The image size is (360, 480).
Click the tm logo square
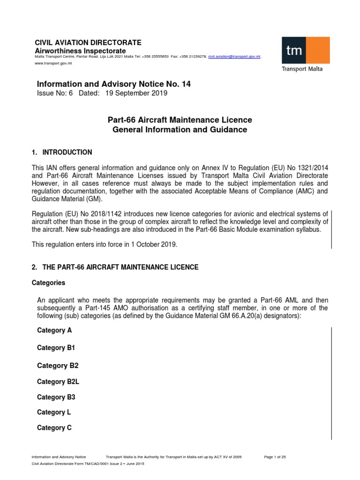click(x=295, y=51)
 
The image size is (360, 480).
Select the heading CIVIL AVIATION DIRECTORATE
click(x=89, y=43)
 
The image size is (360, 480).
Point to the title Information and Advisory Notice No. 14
click(x=114, y=84)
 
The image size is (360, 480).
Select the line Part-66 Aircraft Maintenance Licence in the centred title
click(x=180, y=120)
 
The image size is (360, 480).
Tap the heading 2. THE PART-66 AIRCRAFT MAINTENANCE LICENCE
click(x=115, y=267)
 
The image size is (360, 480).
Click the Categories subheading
click(x=48, y=283)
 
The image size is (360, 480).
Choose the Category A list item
click(x=54, y=330)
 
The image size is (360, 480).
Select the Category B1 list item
click(x=56, y=348)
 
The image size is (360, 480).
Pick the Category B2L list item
click(x=58, y=382)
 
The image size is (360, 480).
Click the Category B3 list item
click(x=56, y=397)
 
